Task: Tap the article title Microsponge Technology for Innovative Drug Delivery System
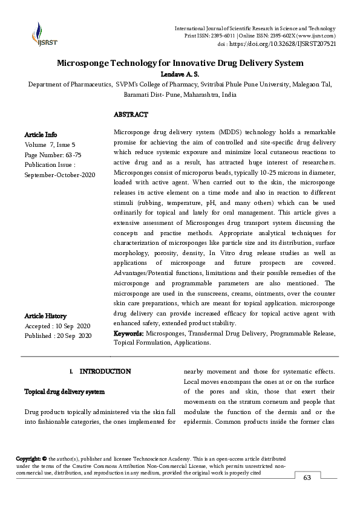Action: click(180, 63)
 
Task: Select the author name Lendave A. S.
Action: click(180, 73)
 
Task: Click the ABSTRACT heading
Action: click(131, 114)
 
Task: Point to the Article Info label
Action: click(41, 134)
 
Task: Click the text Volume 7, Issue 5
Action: click(50, 144)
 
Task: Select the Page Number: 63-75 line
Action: click(53, 154)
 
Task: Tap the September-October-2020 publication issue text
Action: click(56, 174)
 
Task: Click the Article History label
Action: click(45, 316)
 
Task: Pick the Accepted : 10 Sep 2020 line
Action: click(57, 326)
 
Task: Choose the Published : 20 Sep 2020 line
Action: click(57, 336)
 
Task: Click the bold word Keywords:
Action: click(128, 333)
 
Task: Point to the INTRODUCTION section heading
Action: click(105, 371)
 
